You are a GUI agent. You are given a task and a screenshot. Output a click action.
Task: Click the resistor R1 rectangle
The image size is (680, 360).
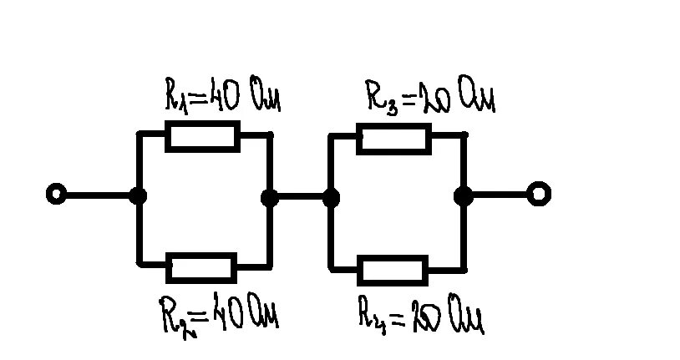(203, 135)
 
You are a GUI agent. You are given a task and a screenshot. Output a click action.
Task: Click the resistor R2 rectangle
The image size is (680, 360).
(201, 268)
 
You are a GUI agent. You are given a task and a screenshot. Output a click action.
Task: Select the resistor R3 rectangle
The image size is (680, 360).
(393, 138)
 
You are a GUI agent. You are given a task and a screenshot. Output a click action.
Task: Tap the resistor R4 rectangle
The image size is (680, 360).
(393, 271)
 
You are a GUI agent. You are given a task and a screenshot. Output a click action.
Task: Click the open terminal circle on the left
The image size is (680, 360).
(56, 195)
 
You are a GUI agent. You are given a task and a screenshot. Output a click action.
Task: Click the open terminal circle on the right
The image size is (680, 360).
(539, 195)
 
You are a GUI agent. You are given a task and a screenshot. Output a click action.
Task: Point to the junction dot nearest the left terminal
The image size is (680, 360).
(138, 196)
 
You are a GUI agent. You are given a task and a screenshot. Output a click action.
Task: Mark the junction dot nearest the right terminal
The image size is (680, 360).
(464, 196)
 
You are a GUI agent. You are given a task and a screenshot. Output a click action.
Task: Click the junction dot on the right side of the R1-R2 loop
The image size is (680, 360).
(270, 197)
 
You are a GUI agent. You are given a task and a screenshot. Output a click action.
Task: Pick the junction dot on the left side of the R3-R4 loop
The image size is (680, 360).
(332, 197)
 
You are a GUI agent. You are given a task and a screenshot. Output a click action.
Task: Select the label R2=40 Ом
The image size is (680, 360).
(219, 317)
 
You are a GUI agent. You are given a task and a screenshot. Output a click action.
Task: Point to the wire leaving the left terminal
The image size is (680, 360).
(97, 195)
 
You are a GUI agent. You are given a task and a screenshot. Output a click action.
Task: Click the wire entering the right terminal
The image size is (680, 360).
(500, 195)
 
